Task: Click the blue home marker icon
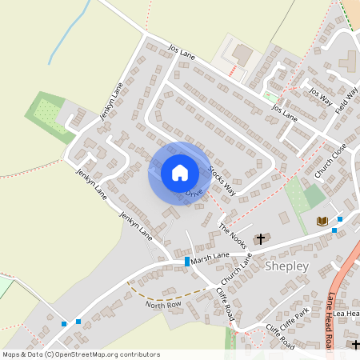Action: click(x=180, y=172)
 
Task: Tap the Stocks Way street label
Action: click(x=222, y=181)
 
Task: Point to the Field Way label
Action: click(x=346, y=101)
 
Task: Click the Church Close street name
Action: click(x=330, y=160)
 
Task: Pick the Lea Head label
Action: click(x=349, y=314)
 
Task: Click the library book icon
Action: click(x=322, y=221)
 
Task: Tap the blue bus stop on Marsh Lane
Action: click(x=187, y=262)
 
